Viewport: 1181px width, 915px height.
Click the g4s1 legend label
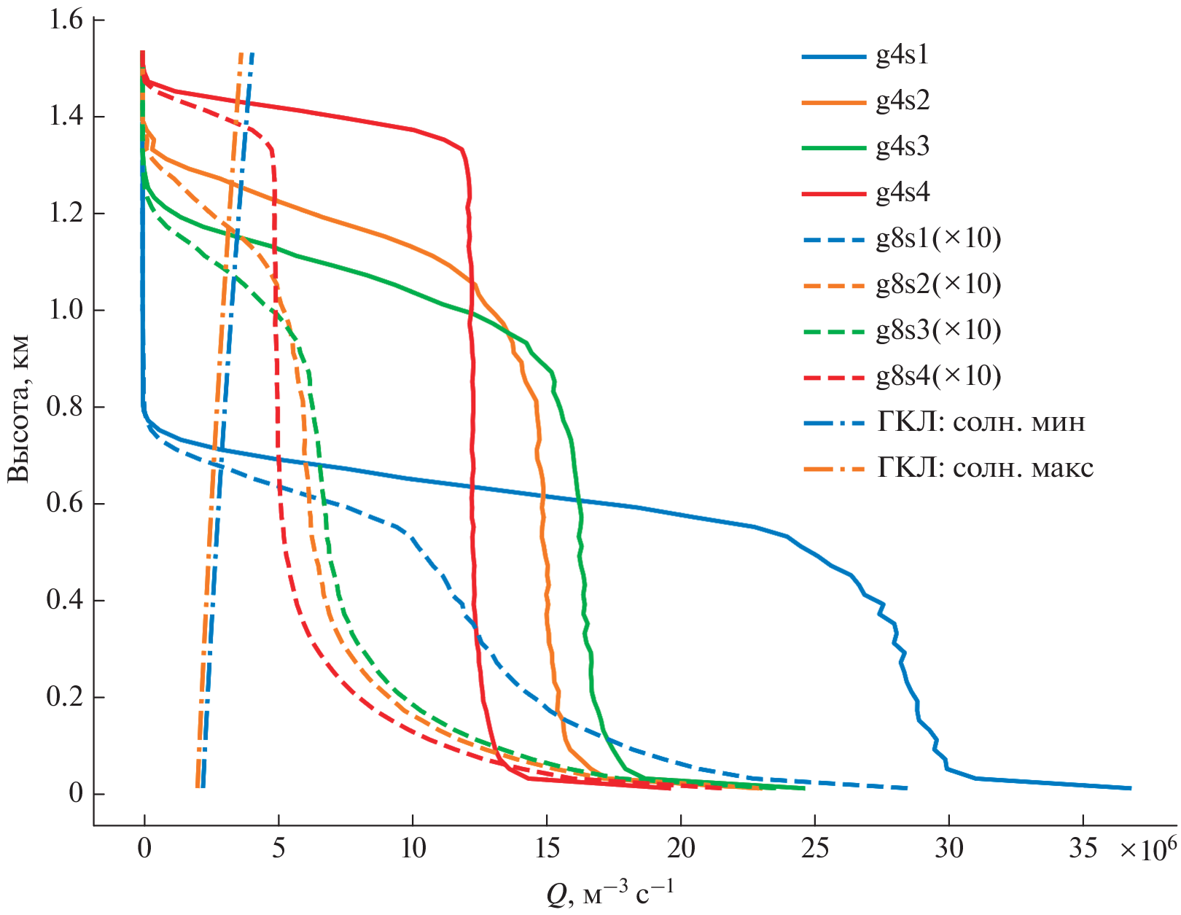coord(903,55)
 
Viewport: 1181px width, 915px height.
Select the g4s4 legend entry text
coord(903,192)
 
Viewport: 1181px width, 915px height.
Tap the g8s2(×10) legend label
coord(938,284)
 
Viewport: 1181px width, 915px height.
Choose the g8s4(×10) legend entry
coord(938,375)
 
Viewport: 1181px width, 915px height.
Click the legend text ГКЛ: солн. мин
coord(981,421)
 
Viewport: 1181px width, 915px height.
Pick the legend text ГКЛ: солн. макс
coord(985,467)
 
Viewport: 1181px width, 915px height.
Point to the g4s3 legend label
coord(903,147)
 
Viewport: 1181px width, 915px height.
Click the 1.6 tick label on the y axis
coord(66,20)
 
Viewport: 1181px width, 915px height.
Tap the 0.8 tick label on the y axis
coord(66,407)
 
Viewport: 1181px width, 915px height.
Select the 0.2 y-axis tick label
coord(66,697)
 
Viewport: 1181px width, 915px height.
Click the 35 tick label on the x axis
coord(1083,848)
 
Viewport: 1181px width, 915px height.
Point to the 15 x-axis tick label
coord(547,848)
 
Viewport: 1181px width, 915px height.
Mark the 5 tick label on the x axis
coord(278,848)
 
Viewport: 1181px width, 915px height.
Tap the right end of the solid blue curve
coord(1130,788)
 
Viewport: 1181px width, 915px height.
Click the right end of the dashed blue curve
coord(907,788)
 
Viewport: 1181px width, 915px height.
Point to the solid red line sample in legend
coord(833,193)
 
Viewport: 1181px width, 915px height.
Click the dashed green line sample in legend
coord(833,330)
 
